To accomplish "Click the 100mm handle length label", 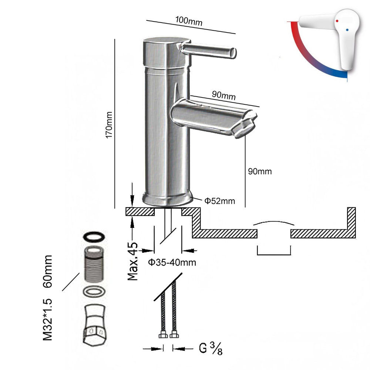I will coord(189,21).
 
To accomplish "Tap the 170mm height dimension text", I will coord(109,125).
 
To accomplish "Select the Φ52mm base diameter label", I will coord(220,201).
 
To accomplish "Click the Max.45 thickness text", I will coord(133,260).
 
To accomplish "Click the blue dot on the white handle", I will coord(347,28).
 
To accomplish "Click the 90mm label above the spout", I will coord(223,95).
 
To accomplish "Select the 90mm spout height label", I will coord(260,171).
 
